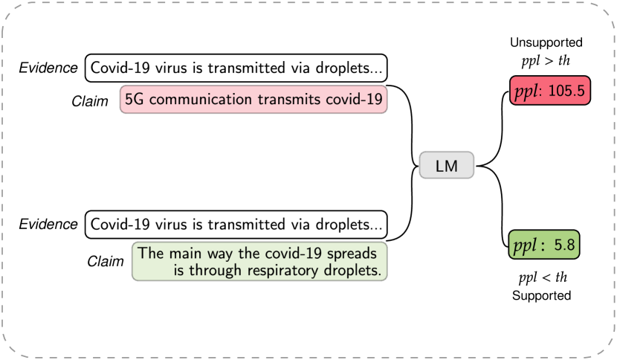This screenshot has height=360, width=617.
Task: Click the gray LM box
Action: pos(446,166)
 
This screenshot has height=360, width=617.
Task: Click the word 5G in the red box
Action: pos(135,100)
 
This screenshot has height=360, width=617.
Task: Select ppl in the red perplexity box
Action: pos(528,91)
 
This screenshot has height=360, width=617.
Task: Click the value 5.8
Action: pos(564,245)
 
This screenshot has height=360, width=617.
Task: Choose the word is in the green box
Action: pos(180,271)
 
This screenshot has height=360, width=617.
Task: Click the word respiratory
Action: pos(285,271)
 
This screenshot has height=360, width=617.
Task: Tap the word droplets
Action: pos(354,271)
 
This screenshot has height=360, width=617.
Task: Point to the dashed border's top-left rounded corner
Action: pos(9,9)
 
